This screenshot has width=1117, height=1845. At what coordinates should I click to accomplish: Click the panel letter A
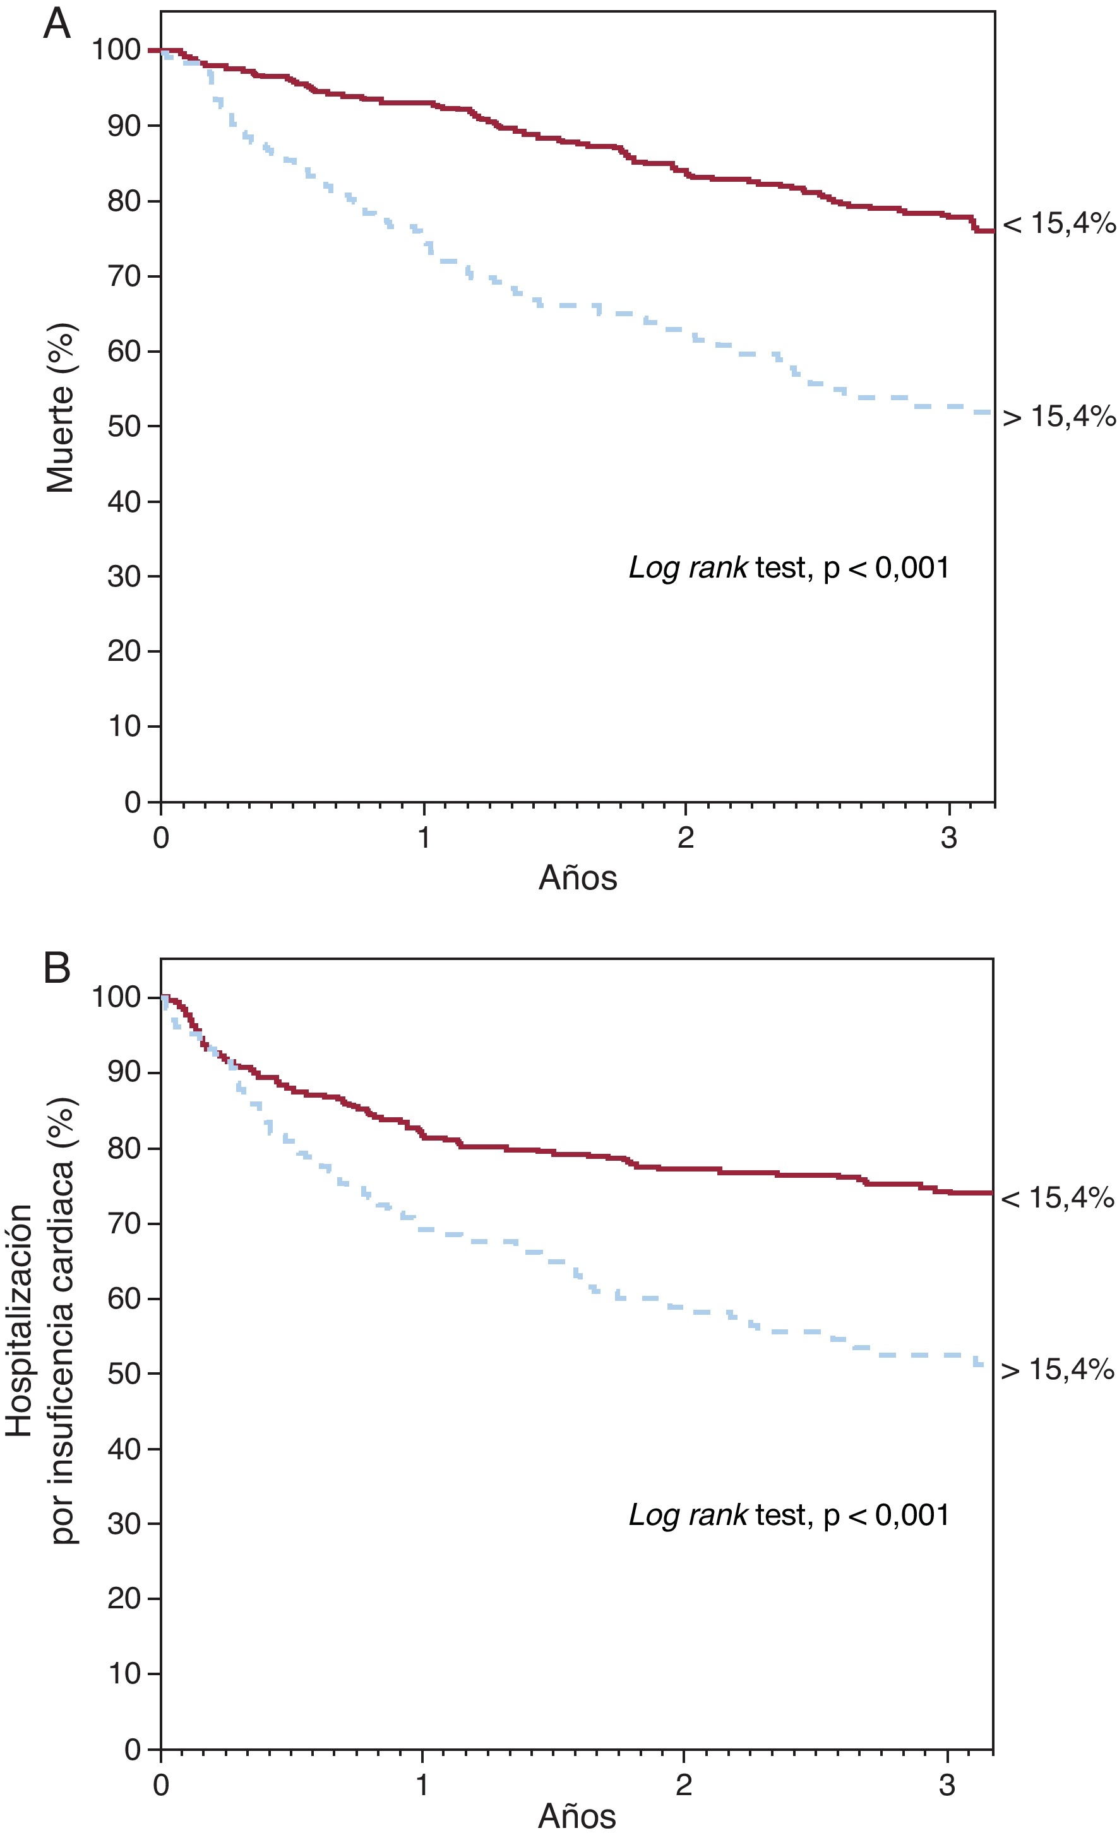click(x=57, y=25)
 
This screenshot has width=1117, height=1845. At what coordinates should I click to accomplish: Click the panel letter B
click(x=57, y=968)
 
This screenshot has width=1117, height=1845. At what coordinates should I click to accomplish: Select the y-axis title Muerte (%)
click(x=61, y=408)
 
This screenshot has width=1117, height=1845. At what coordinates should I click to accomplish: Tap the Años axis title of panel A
click(x=578, y=877)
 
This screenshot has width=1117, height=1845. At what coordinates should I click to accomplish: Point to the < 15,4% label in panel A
click(x=1058, y=223)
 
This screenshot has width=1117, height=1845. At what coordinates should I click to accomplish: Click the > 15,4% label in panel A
click(x=1058, y=417)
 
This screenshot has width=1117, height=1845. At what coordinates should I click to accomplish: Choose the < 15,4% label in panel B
click(x=1057, y=1198)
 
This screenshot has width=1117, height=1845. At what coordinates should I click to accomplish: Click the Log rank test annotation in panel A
click(x=789, y=567)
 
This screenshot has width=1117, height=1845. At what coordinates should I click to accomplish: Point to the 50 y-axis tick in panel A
click(x=124, y=426)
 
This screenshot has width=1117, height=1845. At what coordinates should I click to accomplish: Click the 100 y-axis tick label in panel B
click(x=116, y=997)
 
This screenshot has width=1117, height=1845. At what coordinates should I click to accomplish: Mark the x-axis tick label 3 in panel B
click(x=947, y=1785)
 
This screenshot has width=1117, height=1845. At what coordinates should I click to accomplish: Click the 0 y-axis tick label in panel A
click(x=132, y=802)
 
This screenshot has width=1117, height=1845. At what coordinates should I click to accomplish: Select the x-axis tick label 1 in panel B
click(x=422, y=1785)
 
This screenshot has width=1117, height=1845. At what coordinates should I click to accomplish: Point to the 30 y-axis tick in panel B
click(x=124, y=1523)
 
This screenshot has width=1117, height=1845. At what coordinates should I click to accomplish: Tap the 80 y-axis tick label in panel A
click(x=124, y=201)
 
